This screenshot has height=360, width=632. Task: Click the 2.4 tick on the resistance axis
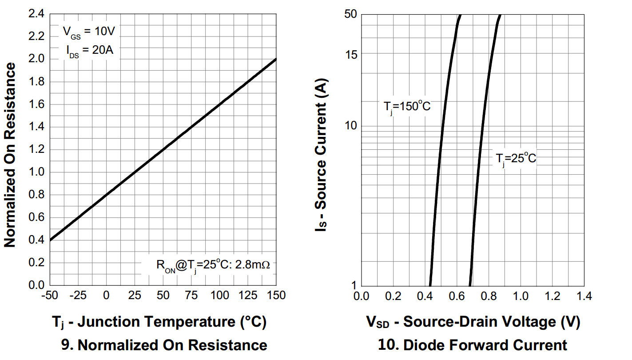(x=37, y=14)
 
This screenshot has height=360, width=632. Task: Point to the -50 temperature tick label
(x=50, y=295)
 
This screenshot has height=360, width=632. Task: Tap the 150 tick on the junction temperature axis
(x=276, y=295)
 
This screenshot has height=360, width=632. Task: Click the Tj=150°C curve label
(x=407, y=107)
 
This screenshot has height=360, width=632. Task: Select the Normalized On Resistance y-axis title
(x=10, y=155)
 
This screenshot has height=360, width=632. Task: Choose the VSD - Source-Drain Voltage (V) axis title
(x=473, y=322)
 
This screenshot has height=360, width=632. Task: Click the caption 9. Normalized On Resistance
(x=163, y=345)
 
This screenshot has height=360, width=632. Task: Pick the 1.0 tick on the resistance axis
(x=37, y=172)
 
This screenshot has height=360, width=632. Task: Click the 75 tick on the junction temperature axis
(x=191, y=295)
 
